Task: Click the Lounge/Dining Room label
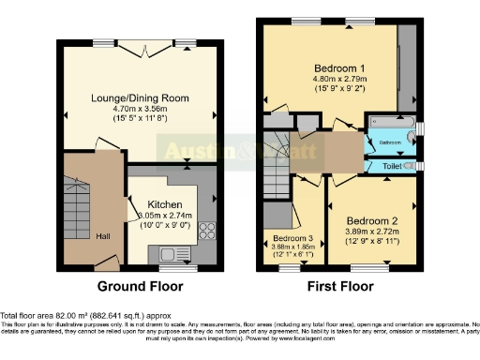point(142,97)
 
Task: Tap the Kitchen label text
point(165,203)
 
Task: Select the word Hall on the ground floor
point(104,236)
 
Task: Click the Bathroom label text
point(390,143)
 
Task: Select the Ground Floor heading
point(138,286)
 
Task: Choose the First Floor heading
point(338,286)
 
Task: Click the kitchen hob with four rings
point(205,229)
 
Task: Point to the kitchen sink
point(173,252)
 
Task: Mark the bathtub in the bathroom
point(387,123)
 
